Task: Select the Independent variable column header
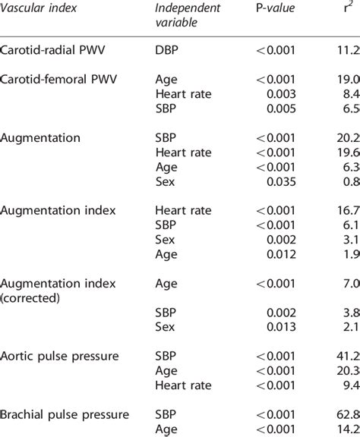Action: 188,14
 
